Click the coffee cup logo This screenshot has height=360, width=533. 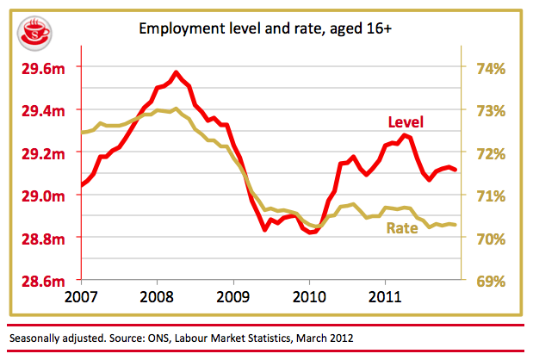click(33, 34)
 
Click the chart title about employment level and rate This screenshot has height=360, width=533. click(266, 28)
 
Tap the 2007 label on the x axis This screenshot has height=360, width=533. click(81, 298)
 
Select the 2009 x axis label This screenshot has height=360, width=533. click(232, 298)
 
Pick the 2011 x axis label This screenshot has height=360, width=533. click(383, 298)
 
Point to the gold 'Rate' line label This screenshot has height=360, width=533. click(402, 229)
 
